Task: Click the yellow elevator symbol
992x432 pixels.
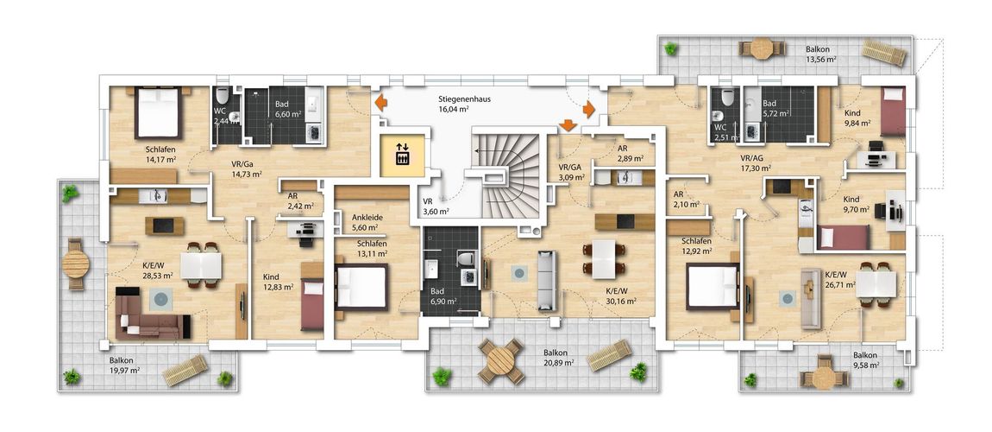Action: tap(402, 155)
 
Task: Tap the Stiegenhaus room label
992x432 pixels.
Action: tap(464, 99)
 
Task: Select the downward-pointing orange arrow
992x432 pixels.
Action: tap(568, 124)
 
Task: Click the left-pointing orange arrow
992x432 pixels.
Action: tap(381, 102)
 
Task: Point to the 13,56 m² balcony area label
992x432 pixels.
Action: tap(821, 60)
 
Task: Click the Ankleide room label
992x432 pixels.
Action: tap(366, 217)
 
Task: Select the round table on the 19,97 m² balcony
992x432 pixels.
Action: tap(76, 264)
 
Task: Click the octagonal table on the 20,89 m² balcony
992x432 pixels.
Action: tap(500, 361)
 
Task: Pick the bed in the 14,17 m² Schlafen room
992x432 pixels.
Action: tap(158, 112)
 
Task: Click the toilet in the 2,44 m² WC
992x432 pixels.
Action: tap(222, 96)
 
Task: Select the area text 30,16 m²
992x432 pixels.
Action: tap(620, 301)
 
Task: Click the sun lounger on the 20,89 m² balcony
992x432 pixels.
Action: tap(609, 355)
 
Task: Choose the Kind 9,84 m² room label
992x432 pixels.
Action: tap(858, 118)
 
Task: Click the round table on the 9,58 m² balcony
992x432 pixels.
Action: tap(824, 378)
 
